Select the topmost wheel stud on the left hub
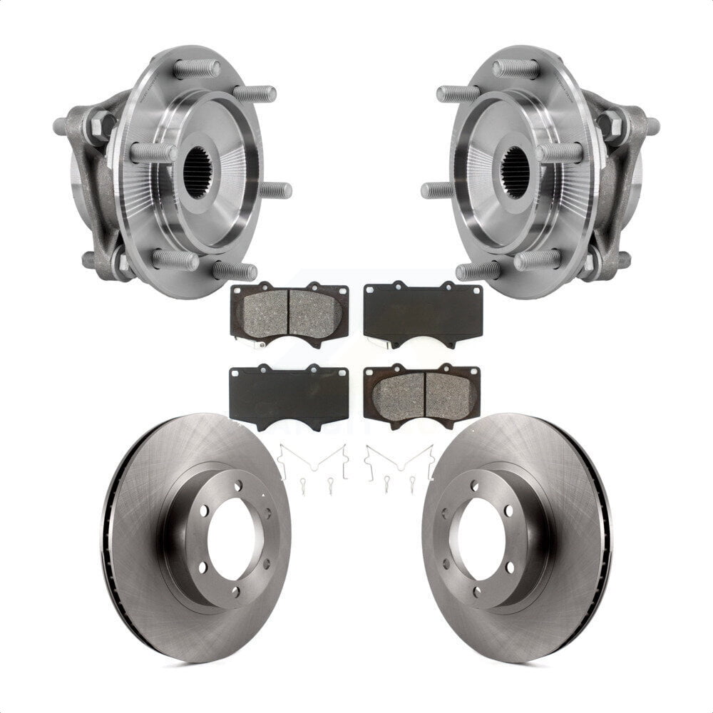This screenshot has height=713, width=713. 198,69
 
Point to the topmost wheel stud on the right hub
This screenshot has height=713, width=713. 515,69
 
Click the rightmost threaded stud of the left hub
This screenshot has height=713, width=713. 275,190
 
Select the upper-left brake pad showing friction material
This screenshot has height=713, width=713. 289,311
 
